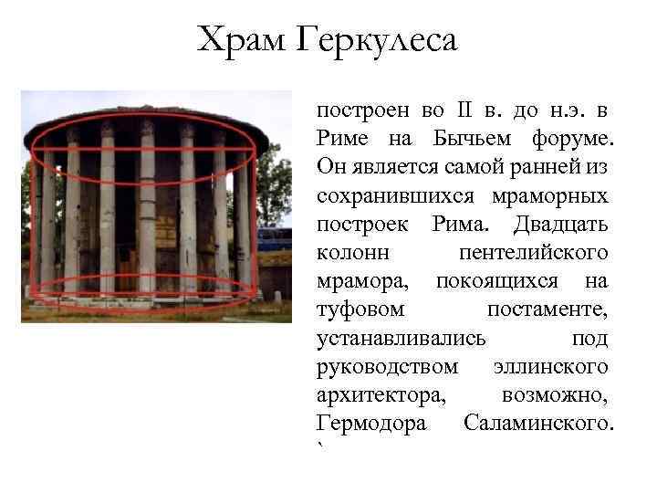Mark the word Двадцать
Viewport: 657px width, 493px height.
click(558, 224)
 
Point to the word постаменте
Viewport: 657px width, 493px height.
click(547, 309)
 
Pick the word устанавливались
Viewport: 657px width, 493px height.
click(401, 338)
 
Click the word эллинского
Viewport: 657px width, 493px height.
click(549, 366)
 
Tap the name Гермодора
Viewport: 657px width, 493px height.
click(370, 424)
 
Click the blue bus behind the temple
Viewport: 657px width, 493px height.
click(273, 239)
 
